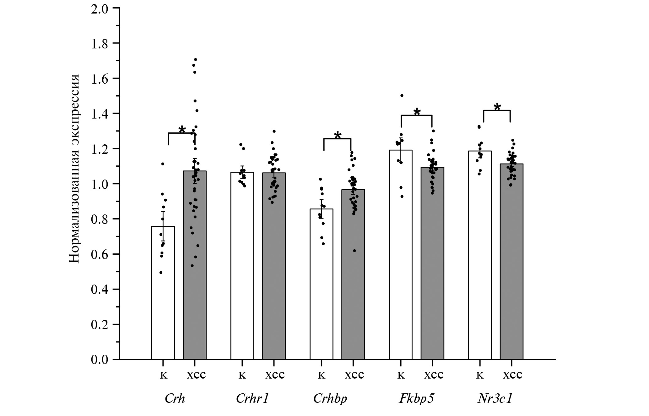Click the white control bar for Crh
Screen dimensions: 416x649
coord(163,292)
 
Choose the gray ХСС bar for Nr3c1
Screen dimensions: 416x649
coord(511,261)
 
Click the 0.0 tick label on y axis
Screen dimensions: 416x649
coord(99,359)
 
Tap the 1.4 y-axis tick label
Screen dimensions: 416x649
coord(99,113)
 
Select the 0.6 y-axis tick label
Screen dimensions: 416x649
coord(99,254)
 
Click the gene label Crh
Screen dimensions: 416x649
coord(175,398)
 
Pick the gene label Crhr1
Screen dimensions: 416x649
coord(253,398)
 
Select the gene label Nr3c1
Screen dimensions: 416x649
coord(495,398)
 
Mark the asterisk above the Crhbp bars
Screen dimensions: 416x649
coord(338,136)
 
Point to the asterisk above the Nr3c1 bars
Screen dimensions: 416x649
coord(497,108)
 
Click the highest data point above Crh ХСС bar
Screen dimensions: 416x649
coord(195,59)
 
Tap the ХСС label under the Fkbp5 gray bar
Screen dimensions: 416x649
coord(434,375)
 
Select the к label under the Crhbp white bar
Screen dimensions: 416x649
coord(322,375)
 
